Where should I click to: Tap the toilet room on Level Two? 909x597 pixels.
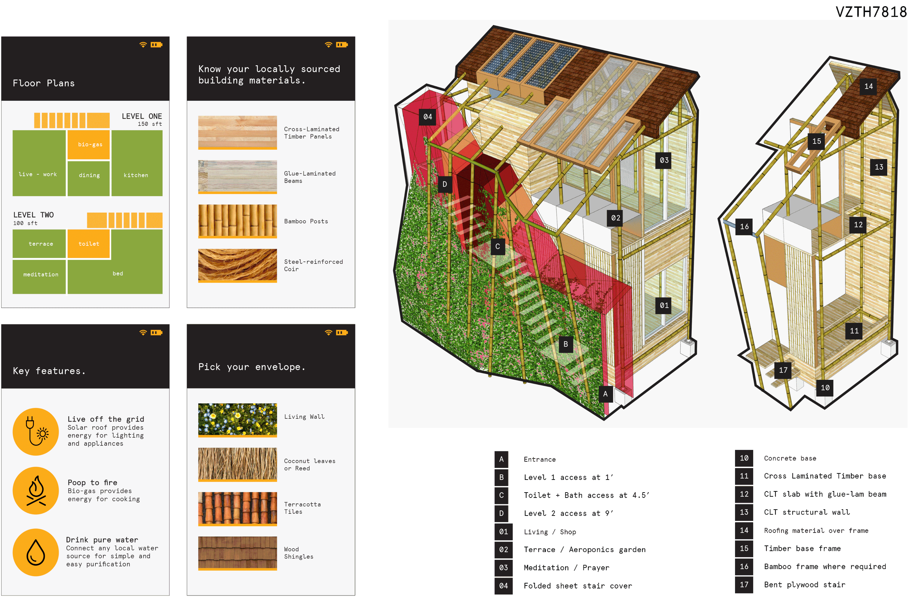89,244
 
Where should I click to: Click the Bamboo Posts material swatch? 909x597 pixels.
237,221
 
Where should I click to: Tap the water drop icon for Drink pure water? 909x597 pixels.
36,552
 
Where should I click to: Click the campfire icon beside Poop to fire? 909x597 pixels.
36,491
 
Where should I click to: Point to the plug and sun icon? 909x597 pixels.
36,431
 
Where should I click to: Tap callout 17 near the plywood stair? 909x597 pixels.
783,370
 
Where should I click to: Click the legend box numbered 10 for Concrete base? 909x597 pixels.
744,458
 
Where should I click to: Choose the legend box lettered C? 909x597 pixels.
501,495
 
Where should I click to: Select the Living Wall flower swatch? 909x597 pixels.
237,420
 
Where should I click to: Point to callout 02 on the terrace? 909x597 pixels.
615,218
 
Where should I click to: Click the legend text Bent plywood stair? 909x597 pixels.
804,584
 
